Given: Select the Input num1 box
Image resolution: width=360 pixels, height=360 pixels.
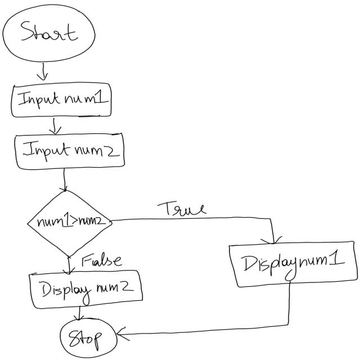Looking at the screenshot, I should [61, 100].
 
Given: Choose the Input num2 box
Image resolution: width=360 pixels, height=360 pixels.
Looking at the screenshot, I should [69, 150].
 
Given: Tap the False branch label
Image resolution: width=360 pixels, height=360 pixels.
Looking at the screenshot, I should [102, 260].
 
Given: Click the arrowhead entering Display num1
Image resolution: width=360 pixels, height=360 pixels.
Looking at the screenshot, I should [274, 241].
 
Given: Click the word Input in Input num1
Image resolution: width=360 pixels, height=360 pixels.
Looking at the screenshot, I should [37, 100].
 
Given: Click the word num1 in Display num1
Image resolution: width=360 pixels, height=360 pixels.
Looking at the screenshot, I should [323, 262].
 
